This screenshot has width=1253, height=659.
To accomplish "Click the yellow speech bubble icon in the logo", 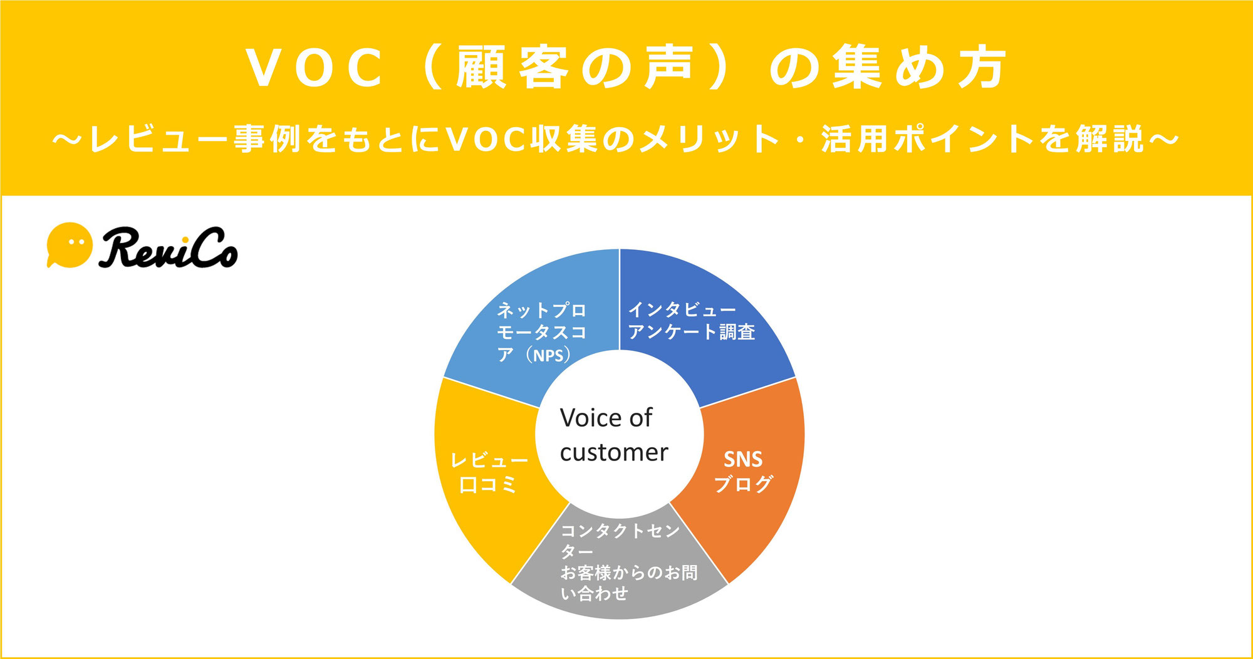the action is click(69, 245).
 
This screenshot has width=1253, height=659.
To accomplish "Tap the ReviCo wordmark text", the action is click(168, 247).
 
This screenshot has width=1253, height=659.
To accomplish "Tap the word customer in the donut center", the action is click(614, 452).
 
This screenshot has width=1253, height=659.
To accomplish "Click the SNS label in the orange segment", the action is click(743, 460).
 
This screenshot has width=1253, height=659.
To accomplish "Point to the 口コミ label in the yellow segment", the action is click(488, 484).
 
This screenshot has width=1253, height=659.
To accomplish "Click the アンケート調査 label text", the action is click(691, 331).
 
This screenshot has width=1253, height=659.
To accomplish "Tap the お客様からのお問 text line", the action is click(629, 573).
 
